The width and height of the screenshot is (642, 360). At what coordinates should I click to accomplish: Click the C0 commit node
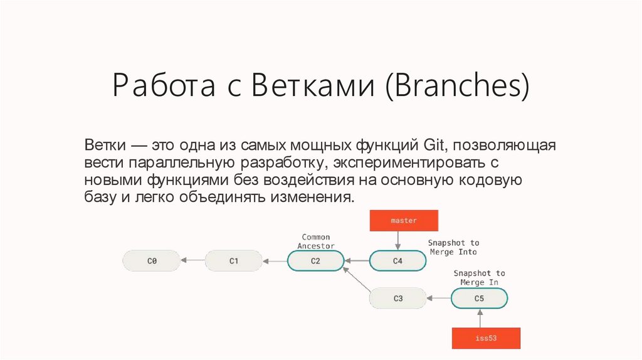pos(151,260)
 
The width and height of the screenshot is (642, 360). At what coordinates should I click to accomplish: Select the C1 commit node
pos(233,260)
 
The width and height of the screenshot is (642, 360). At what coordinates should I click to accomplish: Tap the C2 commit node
pos(315,260)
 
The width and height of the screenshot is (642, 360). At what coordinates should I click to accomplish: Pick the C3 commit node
pos(397,298)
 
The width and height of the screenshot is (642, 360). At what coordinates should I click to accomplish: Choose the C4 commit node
pos(397,260)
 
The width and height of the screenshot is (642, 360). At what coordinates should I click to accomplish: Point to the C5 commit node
pos(479,298)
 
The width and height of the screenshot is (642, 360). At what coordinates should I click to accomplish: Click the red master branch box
pos(403,221)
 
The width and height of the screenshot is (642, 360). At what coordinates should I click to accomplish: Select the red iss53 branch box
pos(487,338)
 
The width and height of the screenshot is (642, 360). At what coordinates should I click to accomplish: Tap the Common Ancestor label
pos(316,241)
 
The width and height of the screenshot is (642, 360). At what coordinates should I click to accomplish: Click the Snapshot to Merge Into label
pos(453,247)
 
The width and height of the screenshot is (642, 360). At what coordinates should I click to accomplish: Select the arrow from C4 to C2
pos(357,260)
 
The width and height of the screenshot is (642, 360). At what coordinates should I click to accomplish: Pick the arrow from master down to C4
pos(397,241)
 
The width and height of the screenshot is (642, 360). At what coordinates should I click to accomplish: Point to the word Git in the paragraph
pos(432,146)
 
